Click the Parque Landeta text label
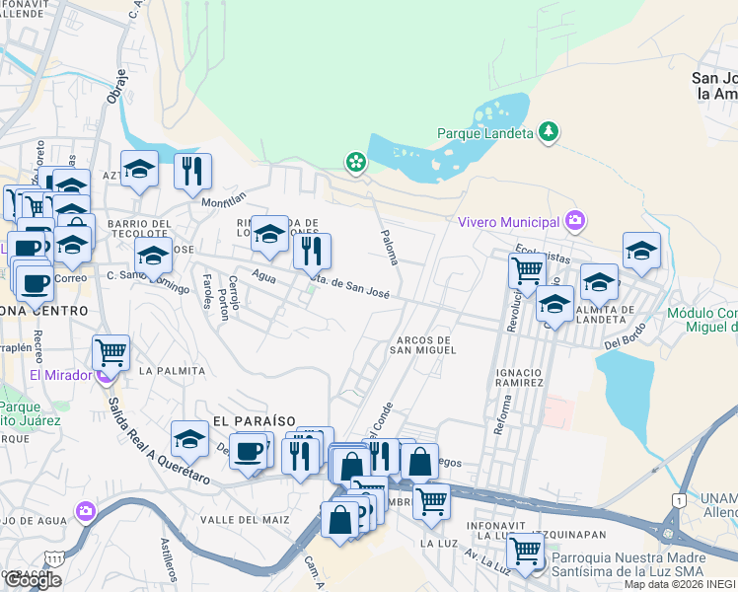[x=484, y=132]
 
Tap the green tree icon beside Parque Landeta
[x=550, y=131]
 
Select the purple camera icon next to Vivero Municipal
[x=575, y=221]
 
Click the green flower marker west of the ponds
[x=354, y=162]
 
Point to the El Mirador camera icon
[x=103, y=375]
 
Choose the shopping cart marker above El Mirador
[x=111, y=350]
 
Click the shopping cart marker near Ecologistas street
[x=528, y=268]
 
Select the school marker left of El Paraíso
[x=189, y=437]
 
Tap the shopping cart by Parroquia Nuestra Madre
[x=526, y=549]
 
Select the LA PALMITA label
[x=172, y=371]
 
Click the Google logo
[x=33, y=580]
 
